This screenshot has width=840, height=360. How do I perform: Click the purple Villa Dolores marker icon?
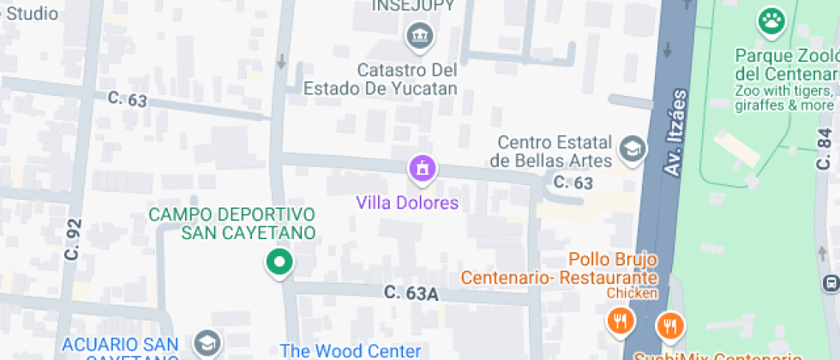[x=421, y=169]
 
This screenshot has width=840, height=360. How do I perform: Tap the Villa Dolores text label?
[x=407, y=203]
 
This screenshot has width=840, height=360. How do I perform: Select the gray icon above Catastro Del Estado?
[x=420, y=36]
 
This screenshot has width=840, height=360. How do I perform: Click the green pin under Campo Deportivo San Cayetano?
[x=279, y=262]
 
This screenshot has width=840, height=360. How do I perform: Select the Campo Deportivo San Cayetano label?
[x=232, y=223]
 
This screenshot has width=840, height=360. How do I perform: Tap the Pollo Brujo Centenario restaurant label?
[x=560, y=268]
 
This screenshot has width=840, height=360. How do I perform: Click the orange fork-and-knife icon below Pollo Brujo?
[x=619, y=321]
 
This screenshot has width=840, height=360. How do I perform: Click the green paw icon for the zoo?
[x=771, y=21]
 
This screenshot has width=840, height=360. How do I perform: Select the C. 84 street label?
[x=825, y=149]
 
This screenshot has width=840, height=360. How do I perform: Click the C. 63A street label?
[x=411, y=293]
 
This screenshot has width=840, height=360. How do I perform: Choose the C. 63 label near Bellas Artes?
[x=573, y=182]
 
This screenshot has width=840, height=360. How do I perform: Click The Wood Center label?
[x=351, y=351]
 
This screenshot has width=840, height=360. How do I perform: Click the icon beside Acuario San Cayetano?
[x=207, y=343]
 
